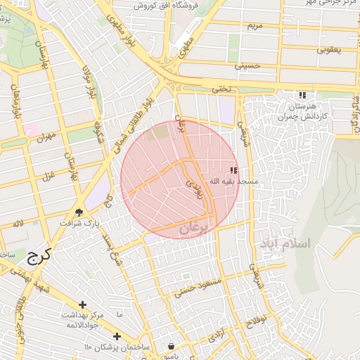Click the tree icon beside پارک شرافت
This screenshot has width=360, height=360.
79,212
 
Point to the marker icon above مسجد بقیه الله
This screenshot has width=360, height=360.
233,171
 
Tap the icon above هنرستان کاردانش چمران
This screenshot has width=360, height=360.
302,95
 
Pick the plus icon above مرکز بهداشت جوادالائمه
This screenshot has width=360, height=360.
83,304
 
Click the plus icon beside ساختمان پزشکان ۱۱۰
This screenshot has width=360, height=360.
117,336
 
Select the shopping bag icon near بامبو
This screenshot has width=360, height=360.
172,347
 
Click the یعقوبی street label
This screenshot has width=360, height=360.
328,50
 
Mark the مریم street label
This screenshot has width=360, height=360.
255,26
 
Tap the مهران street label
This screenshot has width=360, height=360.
48,136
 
